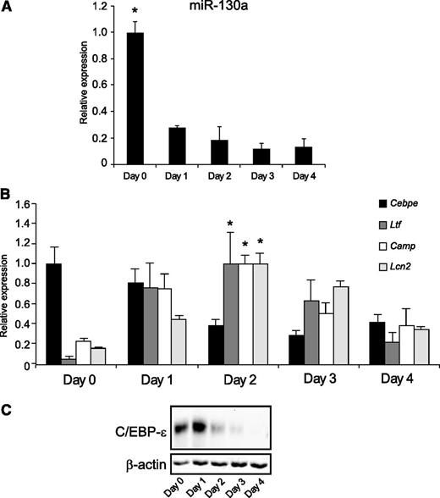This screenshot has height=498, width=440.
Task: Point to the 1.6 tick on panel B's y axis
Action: pos(22,204)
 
